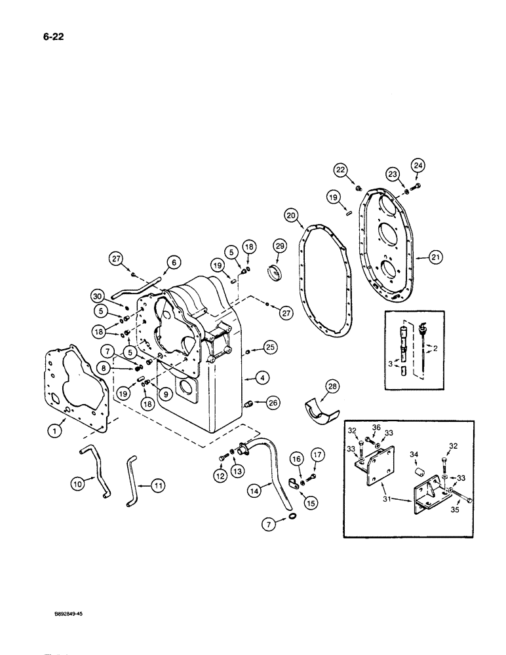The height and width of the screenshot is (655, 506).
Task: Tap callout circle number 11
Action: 159,485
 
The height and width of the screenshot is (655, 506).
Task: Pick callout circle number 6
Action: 174,263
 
